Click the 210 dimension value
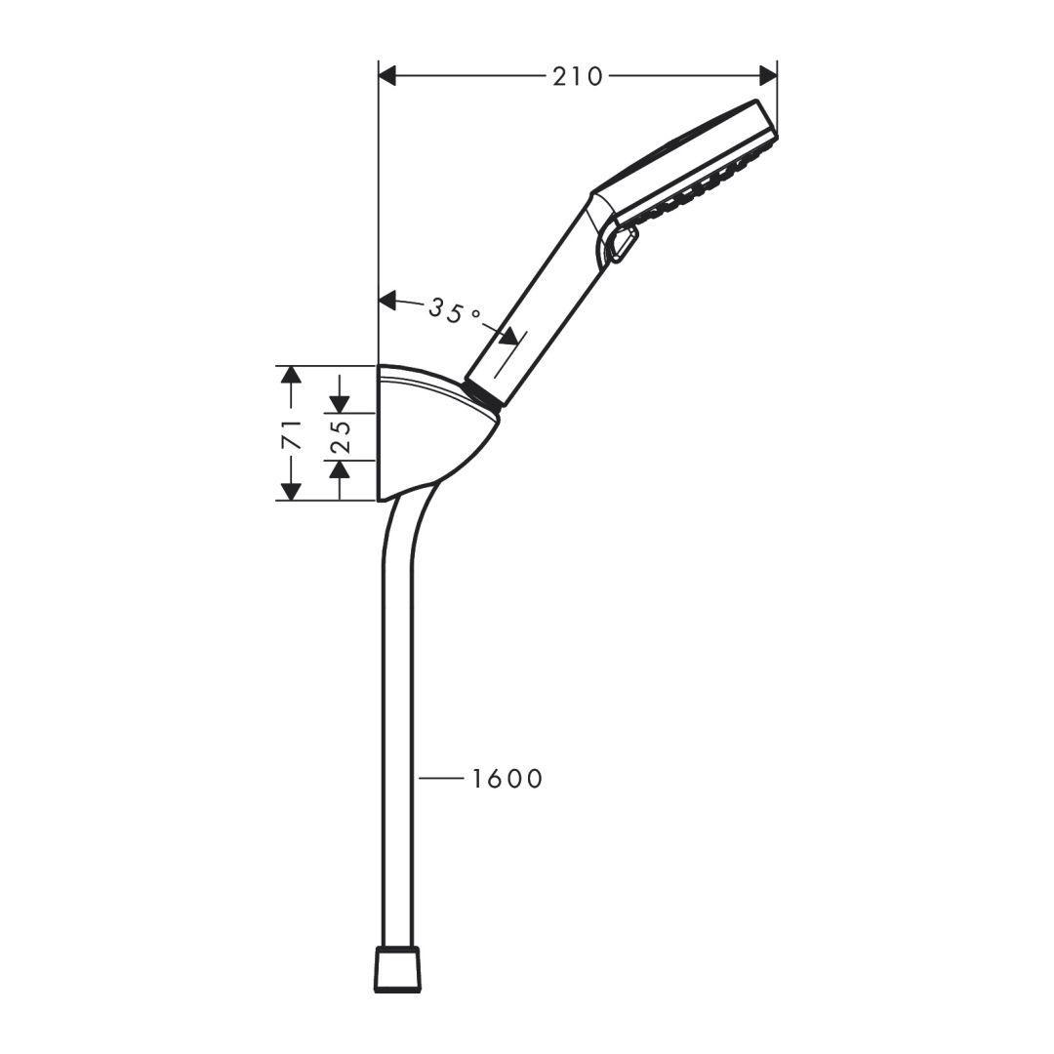coord(578,76)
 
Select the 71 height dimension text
coord(290,433)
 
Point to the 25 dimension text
coord(339,436)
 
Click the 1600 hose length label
coord(507,779)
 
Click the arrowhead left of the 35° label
coord(388,301)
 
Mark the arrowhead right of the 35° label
coord(508,336)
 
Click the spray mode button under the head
coord(623,245)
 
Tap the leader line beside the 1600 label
coord(439,779)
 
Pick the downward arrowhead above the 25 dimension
coord(339,403)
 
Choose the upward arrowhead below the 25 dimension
coord(339,469)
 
